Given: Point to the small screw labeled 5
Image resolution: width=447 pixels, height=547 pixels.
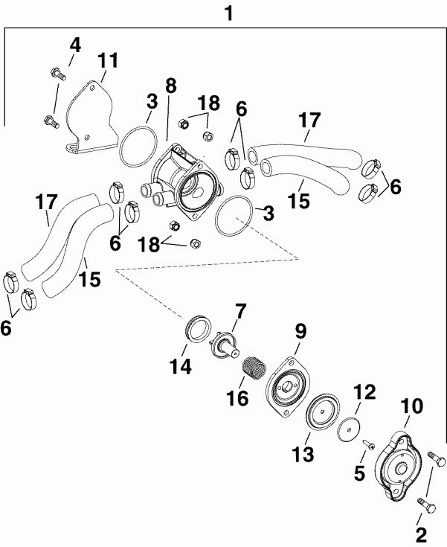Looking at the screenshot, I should [x=368, y=445].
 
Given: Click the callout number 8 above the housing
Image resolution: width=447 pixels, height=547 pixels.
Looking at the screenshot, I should [x=170, y=85].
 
